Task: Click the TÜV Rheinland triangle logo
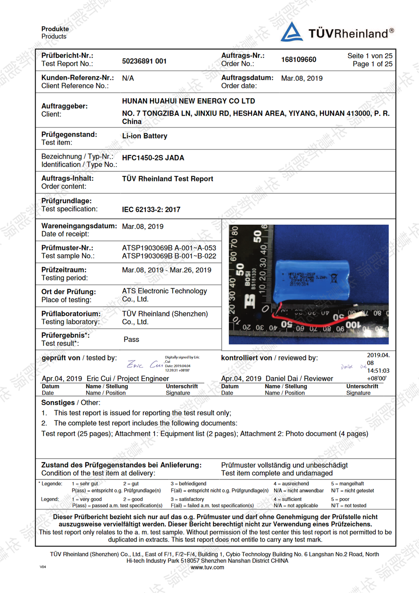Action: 292,32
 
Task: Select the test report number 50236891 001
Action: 144,61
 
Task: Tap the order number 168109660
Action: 298,60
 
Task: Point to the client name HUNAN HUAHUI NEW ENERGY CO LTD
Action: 188,101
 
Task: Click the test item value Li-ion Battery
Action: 145,136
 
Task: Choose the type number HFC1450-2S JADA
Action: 153,158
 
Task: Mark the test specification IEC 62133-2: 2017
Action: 151,210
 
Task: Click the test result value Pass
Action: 131,339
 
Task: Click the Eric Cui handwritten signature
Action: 145,365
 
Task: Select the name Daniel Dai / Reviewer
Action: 299,378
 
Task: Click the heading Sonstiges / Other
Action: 70,403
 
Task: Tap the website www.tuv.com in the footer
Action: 207,567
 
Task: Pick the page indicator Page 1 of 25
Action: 372,64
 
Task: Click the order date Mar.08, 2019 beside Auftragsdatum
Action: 302,78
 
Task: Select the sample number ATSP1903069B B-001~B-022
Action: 169,256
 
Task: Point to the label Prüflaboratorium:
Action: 71,314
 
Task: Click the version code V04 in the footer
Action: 43,567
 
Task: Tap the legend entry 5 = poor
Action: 340,499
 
